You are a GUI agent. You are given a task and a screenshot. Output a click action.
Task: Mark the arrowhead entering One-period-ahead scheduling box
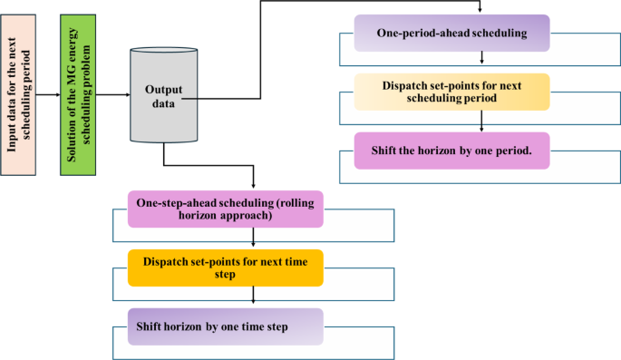click(480, 10)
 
